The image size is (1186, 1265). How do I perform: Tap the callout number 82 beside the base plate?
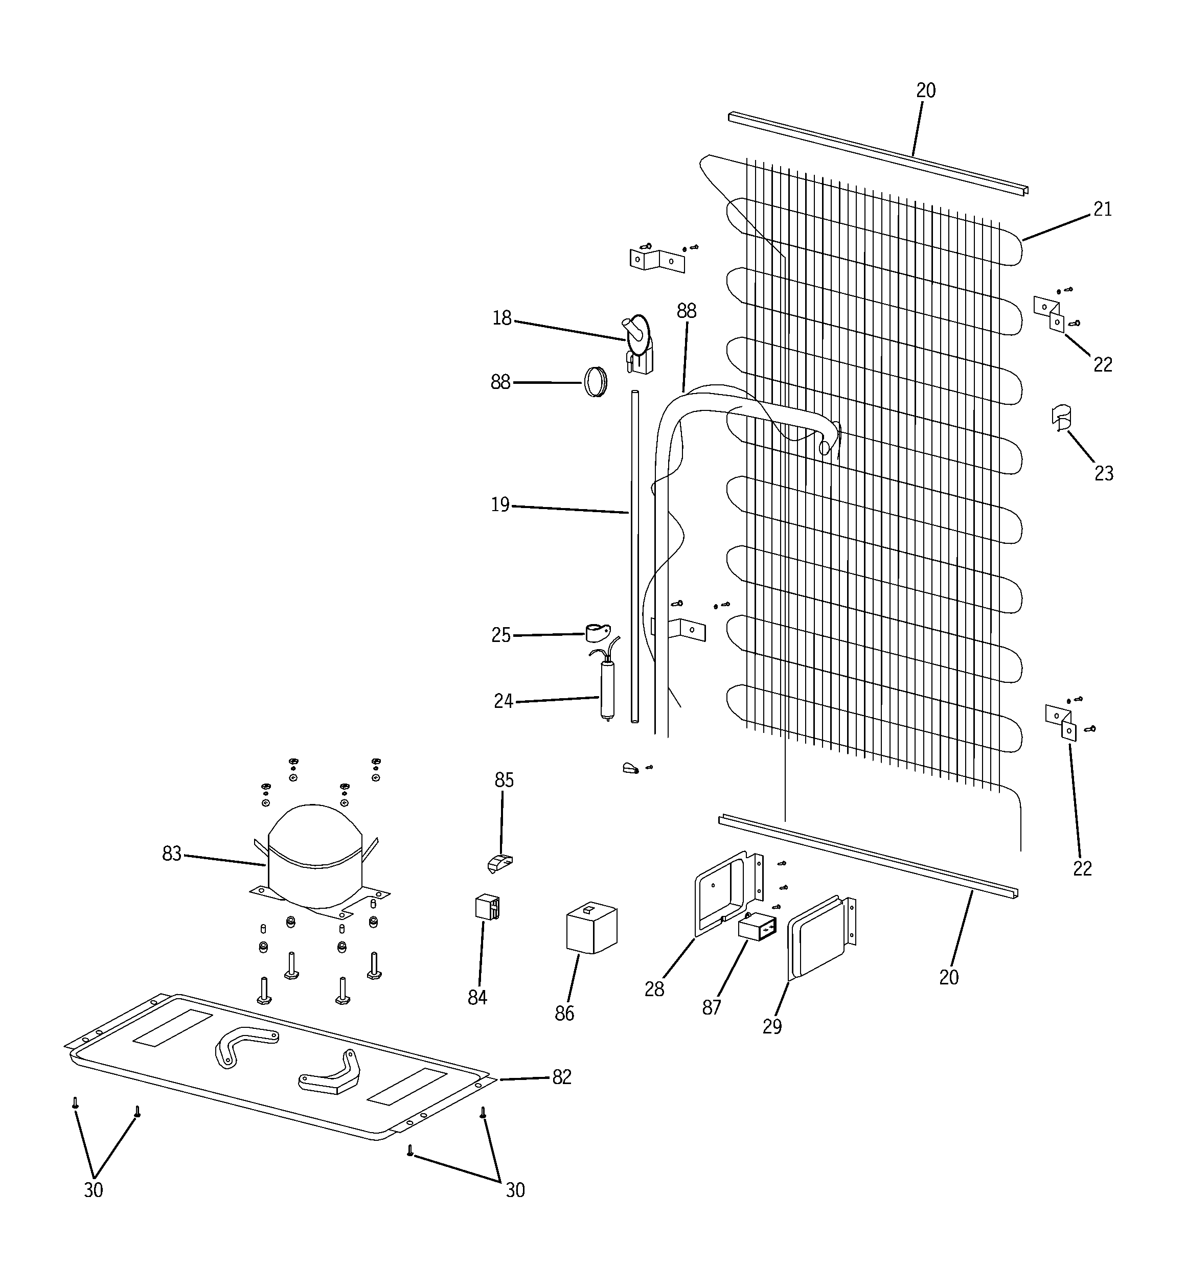[x=561, y=1077]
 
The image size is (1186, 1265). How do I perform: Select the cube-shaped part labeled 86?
[x=591, y=930]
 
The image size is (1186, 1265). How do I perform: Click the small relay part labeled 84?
[x=487, y=907]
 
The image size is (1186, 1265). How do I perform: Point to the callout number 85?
[x=504, y=780]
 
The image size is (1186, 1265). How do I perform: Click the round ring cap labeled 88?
[x=595, y=382]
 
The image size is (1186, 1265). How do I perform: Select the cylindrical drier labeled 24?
[x=607, y=690]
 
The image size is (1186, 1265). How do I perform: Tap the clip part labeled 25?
[x=597, y=633]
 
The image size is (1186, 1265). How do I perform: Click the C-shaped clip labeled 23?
[x=1061, y=418]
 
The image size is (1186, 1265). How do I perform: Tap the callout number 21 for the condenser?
[x=1103, y=210]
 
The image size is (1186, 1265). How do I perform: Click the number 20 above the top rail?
[x=926, y=91]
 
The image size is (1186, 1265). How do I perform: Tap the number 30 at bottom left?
[x=94, y=1190]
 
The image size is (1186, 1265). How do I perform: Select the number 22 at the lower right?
[x=1082, y=868]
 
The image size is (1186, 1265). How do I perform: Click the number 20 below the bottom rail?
[x=949, y=977]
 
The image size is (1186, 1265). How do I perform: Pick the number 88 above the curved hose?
[x=686, y=311]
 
